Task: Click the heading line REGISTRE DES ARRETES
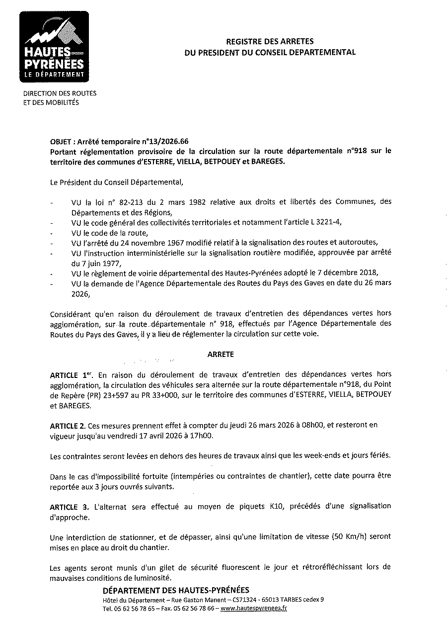click(270, 42)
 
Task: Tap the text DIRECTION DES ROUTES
click(60, 93)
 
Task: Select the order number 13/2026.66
click(167, 141)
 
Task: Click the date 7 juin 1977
click(95, 263)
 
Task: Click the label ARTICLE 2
click(68, 425)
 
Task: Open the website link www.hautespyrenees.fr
click(254, 608)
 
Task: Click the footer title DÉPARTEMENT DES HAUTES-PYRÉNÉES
click(176, 590)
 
